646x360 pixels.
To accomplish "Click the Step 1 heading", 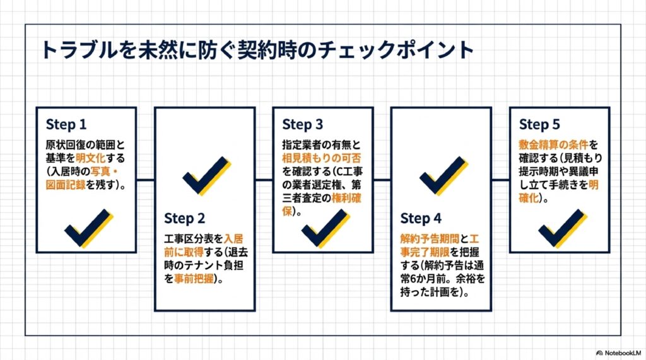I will click(66, 124).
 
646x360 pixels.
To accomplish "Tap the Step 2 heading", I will click(184, 218).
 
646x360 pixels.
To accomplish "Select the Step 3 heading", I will click(303, 124).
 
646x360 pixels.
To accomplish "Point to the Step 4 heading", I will click(421, 218).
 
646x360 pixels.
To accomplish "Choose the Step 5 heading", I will click(539, 124).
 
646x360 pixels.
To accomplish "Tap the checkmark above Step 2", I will click(206, 175).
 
